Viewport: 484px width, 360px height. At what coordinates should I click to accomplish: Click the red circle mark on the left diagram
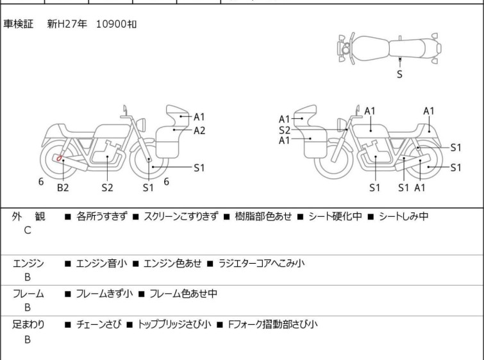click(x=59, y=158)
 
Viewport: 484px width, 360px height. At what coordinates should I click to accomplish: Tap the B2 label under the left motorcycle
click(x=62, y=187)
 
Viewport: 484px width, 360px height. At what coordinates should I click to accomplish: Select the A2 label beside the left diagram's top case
click(x=199, y=130)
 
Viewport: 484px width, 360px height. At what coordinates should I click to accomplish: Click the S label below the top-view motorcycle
click(x=400, y=74)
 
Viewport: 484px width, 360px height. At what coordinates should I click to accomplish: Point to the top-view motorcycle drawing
click(x=389, y=47)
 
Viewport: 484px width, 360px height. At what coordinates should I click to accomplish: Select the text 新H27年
click(x=66, y=24)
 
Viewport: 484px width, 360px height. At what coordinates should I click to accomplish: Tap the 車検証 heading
click(x=19, y=24)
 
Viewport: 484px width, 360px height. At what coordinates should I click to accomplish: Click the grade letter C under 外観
click(x=28, y=230)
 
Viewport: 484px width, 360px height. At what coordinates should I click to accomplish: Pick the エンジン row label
click(x=29, y=264)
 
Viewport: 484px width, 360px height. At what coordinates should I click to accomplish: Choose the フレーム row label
click(x=29, y=294)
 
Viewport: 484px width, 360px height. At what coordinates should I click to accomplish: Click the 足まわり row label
click(x=29, y=325)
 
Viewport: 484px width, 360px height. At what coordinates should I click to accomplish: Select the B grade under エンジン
click(x=28, y=277)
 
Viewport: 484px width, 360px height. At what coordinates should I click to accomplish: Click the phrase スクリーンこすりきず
click(x=181, y=217)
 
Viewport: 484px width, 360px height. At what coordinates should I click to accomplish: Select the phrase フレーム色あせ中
click(x=183, y=294)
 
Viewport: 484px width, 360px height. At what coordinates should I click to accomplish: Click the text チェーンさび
click(x=97, y=325)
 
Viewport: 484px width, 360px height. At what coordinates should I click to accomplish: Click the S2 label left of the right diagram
click(x=285, y=130)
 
